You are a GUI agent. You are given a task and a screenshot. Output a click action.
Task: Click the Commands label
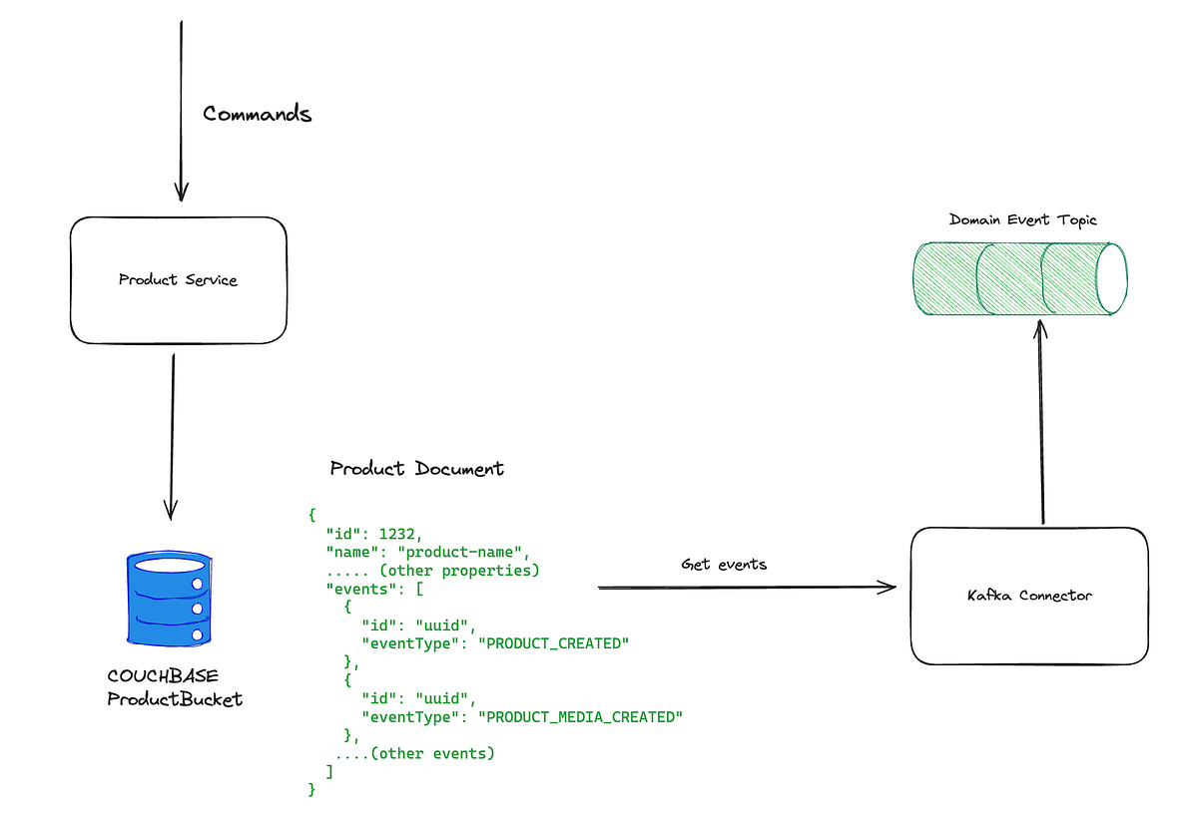coord(257,114)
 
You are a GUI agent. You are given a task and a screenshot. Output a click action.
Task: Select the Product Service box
coord(179,280)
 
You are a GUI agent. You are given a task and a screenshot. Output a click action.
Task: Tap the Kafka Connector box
coord(1029,596)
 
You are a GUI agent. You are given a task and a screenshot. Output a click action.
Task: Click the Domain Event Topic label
coord(1022,219)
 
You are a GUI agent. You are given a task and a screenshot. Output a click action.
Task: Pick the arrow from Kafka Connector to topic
coord(1041,419)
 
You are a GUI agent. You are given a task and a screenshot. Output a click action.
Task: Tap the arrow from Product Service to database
coord(172,434)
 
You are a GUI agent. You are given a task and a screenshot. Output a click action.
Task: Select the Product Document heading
coord(416,469)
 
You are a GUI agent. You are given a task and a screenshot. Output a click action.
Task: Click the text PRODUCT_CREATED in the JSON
coord(554,643)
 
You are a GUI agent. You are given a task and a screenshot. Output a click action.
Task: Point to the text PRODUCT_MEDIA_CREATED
coord(580,716)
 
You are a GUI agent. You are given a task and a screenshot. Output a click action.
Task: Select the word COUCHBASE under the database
coord(163,676)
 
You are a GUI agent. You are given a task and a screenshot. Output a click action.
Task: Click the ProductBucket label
coord(175,699)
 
